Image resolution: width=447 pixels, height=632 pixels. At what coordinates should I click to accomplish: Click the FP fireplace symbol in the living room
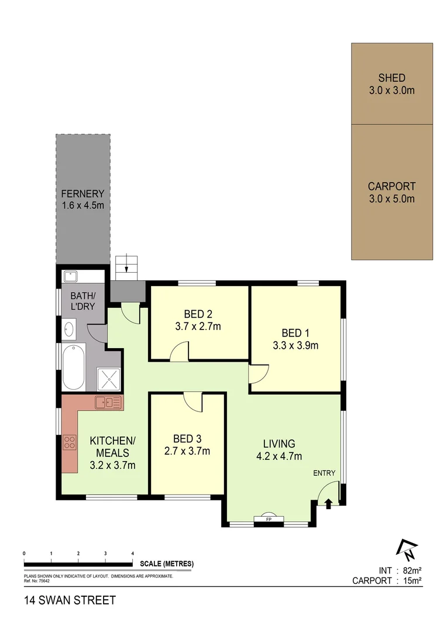269,518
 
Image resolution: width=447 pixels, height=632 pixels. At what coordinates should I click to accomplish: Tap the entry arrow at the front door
328,502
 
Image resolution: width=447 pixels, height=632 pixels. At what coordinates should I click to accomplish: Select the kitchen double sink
109,402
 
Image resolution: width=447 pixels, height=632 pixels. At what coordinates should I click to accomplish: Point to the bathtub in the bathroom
74,367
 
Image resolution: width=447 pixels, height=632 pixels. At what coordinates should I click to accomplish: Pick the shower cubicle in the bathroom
108,379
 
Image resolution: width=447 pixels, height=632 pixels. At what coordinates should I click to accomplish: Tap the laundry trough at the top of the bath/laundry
72,276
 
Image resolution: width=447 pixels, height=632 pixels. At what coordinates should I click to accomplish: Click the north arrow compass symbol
406,548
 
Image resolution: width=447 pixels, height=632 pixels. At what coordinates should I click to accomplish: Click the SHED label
391,78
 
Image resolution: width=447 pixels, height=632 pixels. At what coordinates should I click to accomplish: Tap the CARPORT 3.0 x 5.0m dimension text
391,199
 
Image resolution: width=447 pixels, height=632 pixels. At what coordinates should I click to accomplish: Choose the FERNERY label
82,194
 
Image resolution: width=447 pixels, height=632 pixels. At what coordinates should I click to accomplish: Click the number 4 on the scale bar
133,553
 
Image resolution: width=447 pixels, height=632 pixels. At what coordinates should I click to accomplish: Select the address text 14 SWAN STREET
70,600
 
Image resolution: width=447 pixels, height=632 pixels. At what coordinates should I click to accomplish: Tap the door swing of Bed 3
192,402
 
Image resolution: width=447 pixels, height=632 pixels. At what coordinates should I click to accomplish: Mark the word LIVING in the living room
278,444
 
